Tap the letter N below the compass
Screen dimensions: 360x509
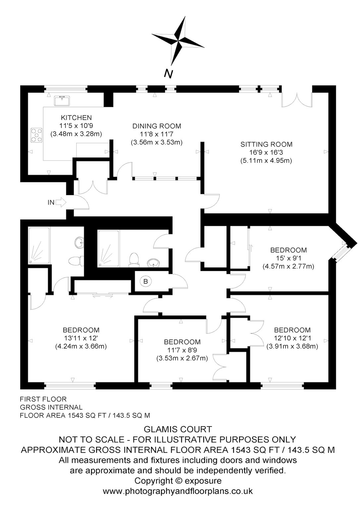point(168,74)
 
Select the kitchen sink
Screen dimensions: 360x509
point(62,100)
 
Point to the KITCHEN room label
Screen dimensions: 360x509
point(76,118)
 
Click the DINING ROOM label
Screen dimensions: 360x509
point(157,126)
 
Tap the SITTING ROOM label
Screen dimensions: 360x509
point(267,144)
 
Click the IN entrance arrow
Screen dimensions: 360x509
point(61,202)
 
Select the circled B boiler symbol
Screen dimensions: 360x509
point(146,282)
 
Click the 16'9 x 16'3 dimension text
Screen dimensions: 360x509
point(267,152)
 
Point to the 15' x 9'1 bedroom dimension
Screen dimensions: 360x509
point(288,258)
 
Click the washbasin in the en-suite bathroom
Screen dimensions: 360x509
point(79,242)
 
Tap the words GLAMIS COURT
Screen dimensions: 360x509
point(178,429)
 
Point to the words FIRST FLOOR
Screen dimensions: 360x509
point(43,399)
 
